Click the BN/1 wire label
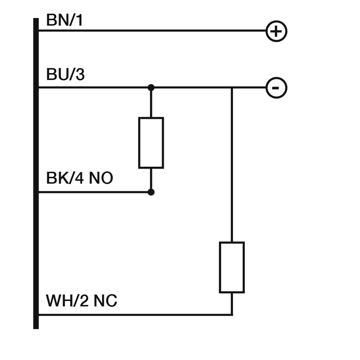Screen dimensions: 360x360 (64, 20)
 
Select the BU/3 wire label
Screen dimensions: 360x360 (65, 74)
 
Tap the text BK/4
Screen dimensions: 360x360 (65, 179)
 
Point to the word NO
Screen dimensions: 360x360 (100, 179)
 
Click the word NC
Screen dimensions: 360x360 (105, 301)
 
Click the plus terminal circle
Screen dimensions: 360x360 (276, 31)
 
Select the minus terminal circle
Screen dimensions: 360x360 (276, 88)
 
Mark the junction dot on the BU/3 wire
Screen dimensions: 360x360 (151, 87)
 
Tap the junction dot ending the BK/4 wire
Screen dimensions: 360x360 (151, 192)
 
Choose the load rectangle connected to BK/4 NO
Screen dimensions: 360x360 (151, 143)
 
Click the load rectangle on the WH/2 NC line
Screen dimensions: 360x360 (232, 267)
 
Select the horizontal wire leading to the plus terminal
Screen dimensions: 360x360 (153, 31)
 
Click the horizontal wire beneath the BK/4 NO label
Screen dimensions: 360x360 (94, 192)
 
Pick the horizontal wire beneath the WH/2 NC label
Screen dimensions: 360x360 (135, 315)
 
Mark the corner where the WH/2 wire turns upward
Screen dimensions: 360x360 (232, 315)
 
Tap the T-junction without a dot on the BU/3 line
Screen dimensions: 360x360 (232, 88)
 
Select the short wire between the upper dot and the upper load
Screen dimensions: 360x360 (151, 103)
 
